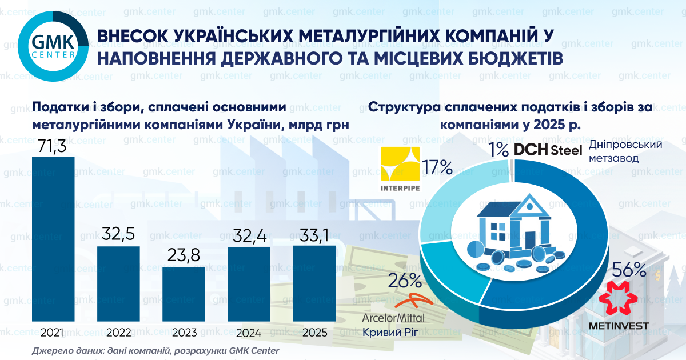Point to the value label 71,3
(x=53, y=146)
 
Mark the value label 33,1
(x=314, y=235)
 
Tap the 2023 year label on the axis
(x=184, y=333)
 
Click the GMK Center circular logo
(x=53, y=46)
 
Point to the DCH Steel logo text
(x=548, y=150)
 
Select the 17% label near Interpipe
(x=437, y=167)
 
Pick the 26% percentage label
(x=405, y=280)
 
